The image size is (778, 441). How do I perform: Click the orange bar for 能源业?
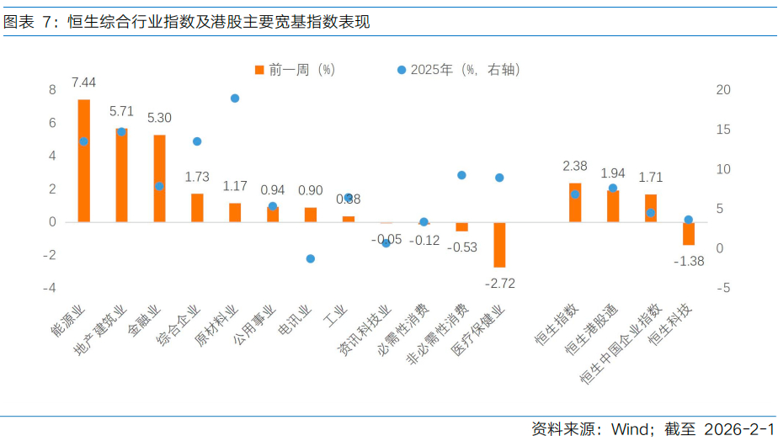tap(84, 161)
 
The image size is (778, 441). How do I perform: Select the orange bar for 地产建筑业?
tap(121, 175)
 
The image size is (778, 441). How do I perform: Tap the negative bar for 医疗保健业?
tap(499, 245)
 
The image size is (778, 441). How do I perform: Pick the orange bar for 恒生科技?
tap(688, 233)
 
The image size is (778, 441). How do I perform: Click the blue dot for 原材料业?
tap(235, 98)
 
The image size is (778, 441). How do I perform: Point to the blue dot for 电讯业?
tap(310, 258)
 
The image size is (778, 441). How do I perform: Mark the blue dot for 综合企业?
tap(197, 141)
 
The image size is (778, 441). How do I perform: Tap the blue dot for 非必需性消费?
tap(461, 175)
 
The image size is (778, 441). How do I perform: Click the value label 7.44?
tap(83, 82)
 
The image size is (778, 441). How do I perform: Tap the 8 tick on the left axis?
tap(52, 90)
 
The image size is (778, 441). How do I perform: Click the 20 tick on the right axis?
tap(723, 90)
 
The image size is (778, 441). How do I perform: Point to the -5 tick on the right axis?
tap(722, 288)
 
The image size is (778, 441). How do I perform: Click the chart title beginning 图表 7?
tap(186, 22)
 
